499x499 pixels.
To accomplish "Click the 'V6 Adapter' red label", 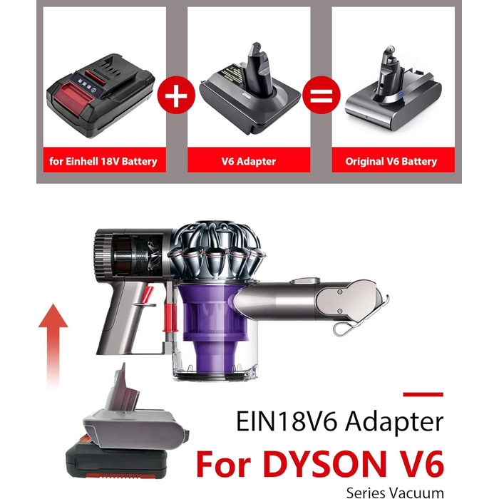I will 249,161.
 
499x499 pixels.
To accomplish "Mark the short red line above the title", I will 423,393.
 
